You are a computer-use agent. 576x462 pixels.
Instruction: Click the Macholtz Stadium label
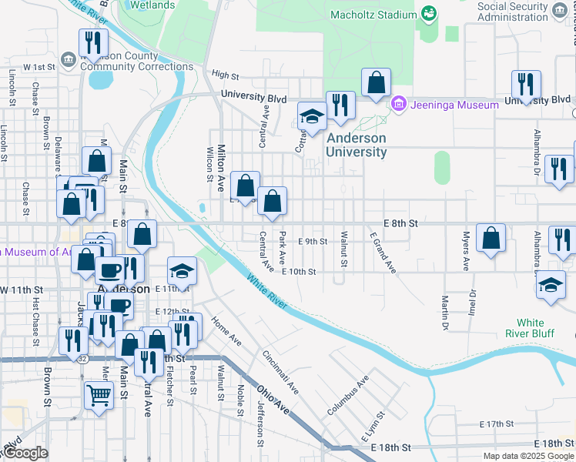click(373, 15)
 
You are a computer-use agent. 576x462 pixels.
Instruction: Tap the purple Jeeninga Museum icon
click(398, 104)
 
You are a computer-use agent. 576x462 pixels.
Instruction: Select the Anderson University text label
click(356, 145)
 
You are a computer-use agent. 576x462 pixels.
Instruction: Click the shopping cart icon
click(99, 396)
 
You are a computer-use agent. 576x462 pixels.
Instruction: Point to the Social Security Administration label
click(523, 12)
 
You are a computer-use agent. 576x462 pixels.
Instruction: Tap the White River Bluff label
click(530, 328)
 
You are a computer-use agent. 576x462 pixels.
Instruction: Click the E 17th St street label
click(496, 424)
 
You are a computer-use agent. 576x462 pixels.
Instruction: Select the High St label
click(225, 74)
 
